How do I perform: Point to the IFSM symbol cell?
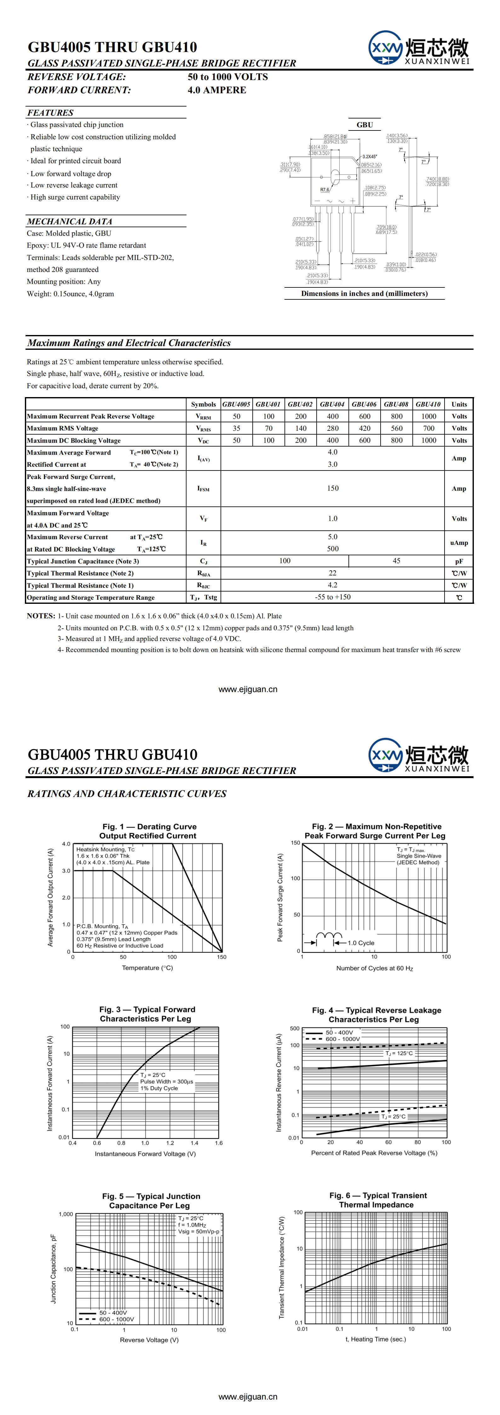pos(203,489)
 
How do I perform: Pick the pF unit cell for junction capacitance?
pos(459,561)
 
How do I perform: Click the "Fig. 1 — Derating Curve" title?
pos(149,827)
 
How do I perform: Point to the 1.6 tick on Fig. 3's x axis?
pos(219,1143)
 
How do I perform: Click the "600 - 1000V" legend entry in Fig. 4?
pos(342,1039)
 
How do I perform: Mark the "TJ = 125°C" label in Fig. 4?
pos(399,1054)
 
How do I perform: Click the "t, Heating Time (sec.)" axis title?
pos(376,1339)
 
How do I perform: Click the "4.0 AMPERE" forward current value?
pos(217,90)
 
